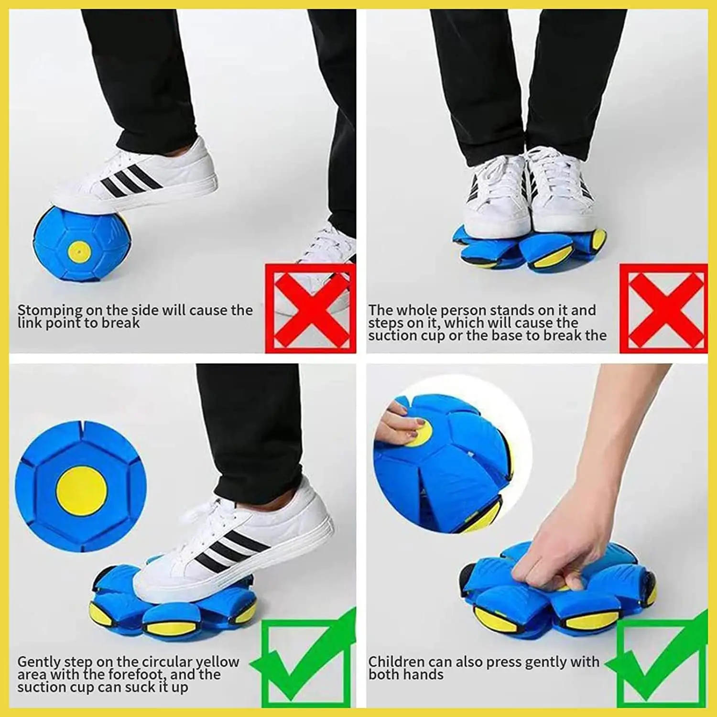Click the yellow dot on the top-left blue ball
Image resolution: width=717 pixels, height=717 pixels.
[79, 251]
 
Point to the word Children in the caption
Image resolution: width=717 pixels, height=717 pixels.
[396, 662]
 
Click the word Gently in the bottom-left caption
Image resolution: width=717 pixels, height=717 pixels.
[39, 662]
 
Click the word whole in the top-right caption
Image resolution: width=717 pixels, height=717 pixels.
[417, 310]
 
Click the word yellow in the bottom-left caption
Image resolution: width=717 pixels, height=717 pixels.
[217, 662]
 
